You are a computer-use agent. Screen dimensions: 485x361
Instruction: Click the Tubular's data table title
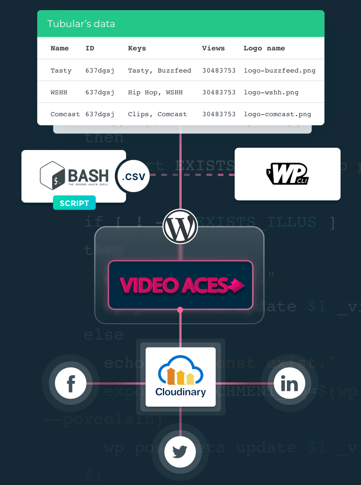(81, 24)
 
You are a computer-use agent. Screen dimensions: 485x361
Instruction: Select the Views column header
(213, 48)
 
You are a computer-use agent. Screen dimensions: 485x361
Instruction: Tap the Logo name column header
(264, 48)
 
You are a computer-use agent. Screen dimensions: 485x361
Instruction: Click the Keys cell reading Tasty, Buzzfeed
(159, 70)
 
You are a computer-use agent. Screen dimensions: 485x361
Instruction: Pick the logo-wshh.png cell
(271, 92)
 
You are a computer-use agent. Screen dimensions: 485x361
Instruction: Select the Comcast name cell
(65, 114)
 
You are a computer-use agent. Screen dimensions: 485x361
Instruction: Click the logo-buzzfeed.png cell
(279, 70)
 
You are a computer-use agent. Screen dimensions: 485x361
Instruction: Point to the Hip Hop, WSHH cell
(155, 92)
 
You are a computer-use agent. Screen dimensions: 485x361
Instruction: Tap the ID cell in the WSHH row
(100, 92)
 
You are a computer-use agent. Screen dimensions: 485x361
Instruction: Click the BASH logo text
(88, 176)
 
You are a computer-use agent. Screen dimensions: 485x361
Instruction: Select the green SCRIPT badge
(74, 203)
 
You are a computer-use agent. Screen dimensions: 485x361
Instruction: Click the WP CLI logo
(288, 174)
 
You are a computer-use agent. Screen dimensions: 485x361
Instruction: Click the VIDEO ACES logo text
(181, 285)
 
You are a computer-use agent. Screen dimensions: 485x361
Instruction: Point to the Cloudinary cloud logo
(180, 371)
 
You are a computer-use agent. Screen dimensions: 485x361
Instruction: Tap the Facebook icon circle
(71, 383)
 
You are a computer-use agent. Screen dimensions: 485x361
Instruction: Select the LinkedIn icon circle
(289, 383)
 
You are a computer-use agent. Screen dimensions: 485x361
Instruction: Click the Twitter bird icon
(180, 451)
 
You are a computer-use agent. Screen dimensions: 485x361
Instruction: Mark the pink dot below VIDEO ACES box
(180, 310)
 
